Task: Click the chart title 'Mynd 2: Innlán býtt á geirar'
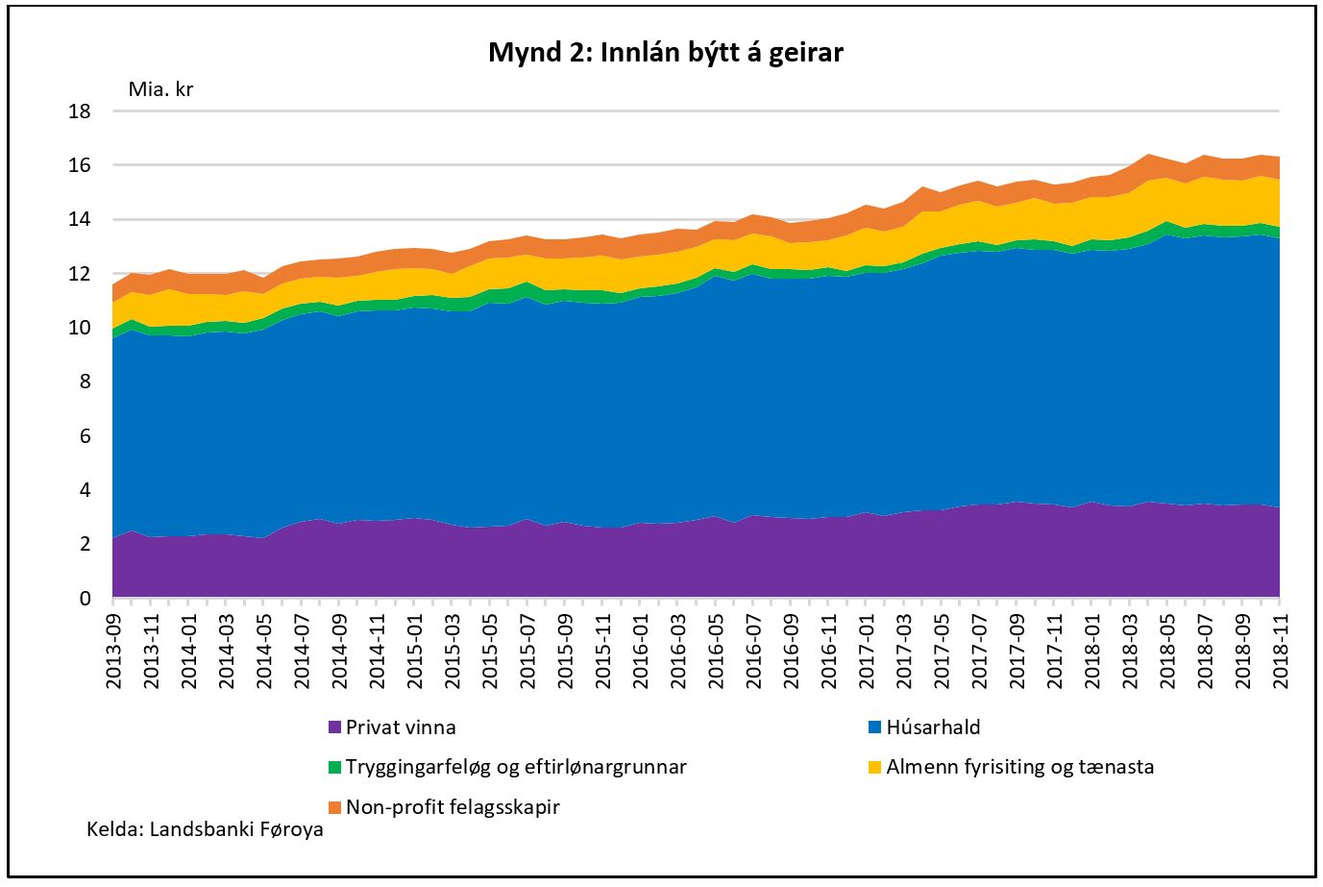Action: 665,52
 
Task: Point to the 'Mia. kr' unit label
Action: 161,89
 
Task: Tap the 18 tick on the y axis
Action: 80,111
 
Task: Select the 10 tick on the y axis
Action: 80,328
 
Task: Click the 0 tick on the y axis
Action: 85,599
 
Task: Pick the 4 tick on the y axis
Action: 85,490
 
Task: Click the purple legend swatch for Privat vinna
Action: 334,727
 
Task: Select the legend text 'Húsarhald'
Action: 932,727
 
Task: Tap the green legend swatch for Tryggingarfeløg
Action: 334,767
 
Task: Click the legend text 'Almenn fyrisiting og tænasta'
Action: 1019,767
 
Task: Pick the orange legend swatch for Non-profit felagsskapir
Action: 334,806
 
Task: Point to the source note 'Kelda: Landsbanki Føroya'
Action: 205,829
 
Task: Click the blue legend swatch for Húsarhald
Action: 873,727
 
